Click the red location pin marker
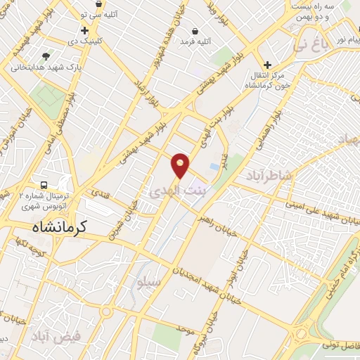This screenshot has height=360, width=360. click(180, 165)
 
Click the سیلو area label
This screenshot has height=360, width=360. click(150, 282)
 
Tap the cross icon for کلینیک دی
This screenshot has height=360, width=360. click(84, 30)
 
